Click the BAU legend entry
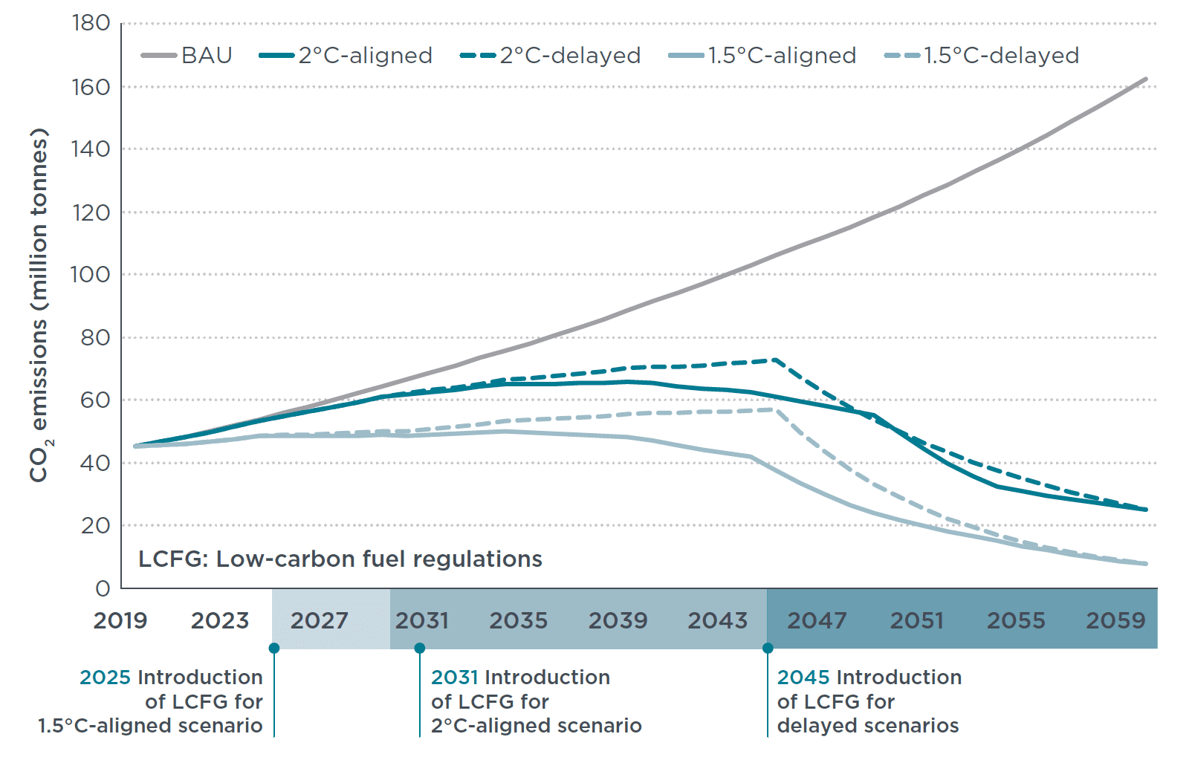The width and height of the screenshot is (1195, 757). coord(187,56)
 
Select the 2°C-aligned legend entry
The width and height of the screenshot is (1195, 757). coord(346,56)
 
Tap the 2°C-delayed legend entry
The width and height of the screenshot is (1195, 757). coord(551,56)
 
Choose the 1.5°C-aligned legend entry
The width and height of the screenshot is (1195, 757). coord(762,56)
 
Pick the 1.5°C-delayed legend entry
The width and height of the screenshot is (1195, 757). coord(982,56)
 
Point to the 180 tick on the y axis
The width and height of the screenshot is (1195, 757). coord(91,24)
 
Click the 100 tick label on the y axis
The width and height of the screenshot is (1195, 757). coord(91,275)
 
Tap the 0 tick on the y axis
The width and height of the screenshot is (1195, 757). coord(103,589)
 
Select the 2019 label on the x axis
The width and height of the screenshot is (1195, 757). coord(120,620)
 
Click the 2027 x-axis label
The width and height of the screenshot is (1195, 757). coord(319,620)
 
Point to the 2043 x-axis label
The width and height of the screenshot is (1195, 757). coord(717,620)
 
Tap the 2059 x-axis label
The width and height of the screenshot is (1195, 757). coord(1115,620)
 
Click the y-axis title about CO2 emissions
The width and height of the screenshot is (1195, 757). coord(39,305)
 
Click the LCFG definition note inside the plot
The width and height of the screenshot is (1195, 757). coord(340,559)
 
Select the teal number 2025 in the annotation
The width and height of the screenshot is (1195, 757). coord(105,678)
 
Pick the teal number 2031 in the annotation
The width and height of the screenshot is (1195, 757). coord(454,678)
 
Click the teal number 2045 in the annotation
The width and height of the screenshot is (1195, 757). coord(803,678)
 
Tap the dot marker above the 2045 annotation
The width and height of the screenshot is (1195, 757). coord(768,649)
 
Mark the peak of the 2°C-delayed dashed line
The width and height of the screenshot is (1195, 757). coord(774,360)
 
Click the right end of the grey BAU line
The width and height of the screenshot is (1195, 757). coord(1145,79)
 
